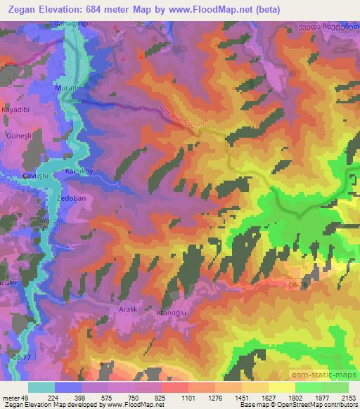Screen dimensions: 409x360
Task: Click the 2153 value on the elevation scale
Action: coord(348,396)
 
